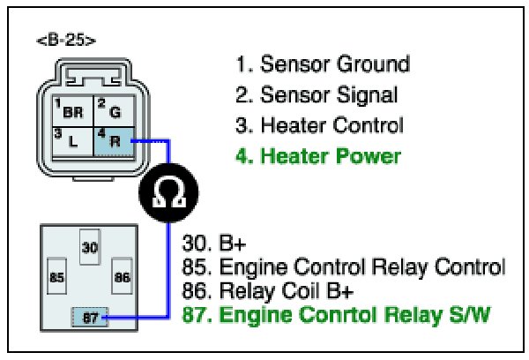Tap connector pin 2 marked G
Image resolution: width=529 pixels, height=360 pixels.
(110, 112)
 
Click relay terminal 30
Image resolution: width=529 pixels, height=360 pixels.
(89, 249)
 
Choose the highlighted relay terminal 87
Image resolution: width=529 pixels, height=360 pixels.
(89, 315)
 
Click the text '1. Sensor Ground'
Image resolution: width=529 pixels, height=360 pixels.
(322, 64)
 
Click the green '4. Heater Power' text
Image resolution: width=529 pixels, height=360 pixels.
(317, 157)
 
